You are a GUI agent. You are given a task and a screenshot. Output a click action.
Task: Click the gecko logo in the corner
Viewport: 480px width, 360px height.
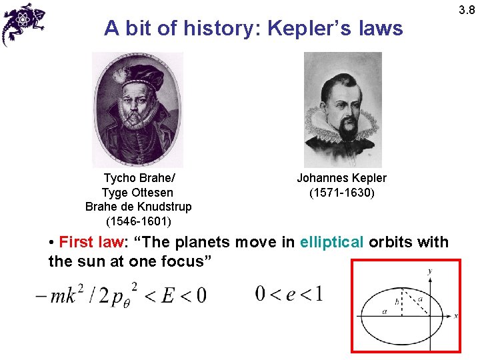pyautogui.click(x=23, y=24)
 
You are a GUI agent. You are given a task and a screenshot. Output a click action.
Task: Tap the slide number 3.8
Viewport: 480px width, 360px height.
pyautogui.click(x=467, y=7)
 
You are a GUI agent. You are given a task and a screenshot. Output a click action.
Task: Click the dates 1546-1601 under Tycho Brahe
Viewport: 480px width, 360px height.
pyautogui.click(x=139, y=221)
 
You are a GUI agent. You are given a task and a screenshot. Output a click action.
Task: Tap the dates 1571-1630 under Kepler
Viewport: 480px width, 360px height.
pyautogui.click(x=341, y=193)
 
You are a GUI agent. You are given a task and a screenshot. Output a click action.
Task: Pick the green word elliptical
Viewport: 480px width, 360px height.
pyautogui.click(x=332, y=242)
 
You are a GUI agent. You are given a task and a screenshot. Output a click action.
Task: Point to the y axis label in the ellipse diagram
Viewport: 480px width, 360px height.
pyautogui.click(x=429, y=271)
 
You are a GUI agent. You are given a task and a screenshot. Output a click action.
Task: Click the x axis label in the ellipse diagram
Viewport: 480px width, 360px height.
pyautogui.click(x=456, y=316)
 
